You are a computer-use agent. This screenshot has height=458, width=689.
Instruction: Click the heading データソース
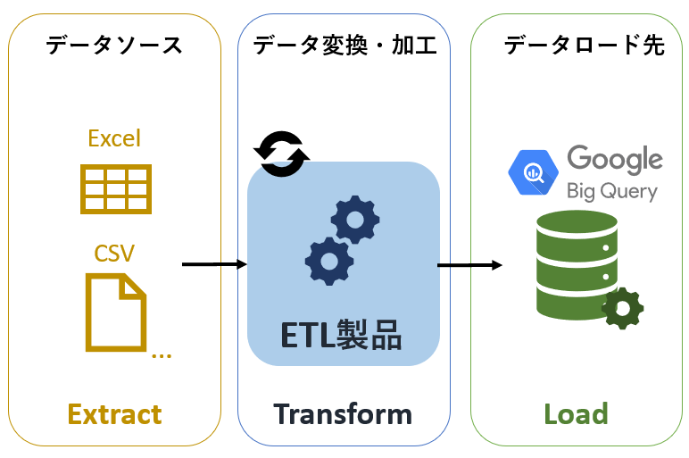[x=114, y=45]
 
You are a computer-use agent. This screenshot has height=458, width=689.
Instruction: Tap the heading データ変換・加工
[x=344, y=45]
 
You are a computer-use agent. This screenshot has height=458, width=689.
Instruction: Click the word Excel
[x=114, y=138]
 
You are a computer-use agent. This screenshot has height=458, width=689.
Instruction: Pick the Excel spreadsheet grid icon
[x=115, y=188]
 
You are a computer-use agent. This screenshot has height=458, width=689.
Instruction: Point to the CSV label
[x=114, y=253]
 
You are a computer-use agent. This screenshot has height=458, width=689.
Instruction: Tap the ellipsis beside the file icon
[x=162, y=354]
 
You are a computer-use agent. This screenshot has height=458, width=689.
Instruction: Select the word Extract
[x=114, y=414]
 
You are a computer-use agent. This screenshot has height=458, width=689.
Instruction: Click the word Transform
[x=343, y=414]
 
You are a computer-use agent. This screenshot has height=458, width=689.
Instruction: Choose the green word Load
[x=576, y=414]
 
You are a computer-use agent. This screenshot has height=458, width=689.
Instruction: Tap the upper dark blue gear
[x=354, y=219]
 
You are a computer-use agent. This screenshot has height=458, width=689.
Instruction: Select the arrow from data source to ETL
[x=214, y=264]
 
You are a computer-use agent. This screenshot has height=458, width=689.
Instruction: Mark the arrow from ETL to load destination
[x=469, y=264]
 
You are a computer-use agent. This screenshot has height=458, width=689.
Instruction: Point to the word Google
[x=615, y=160]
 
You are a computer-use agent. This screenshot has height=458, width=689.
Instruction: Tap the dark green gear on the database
[x=623, y=308]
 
